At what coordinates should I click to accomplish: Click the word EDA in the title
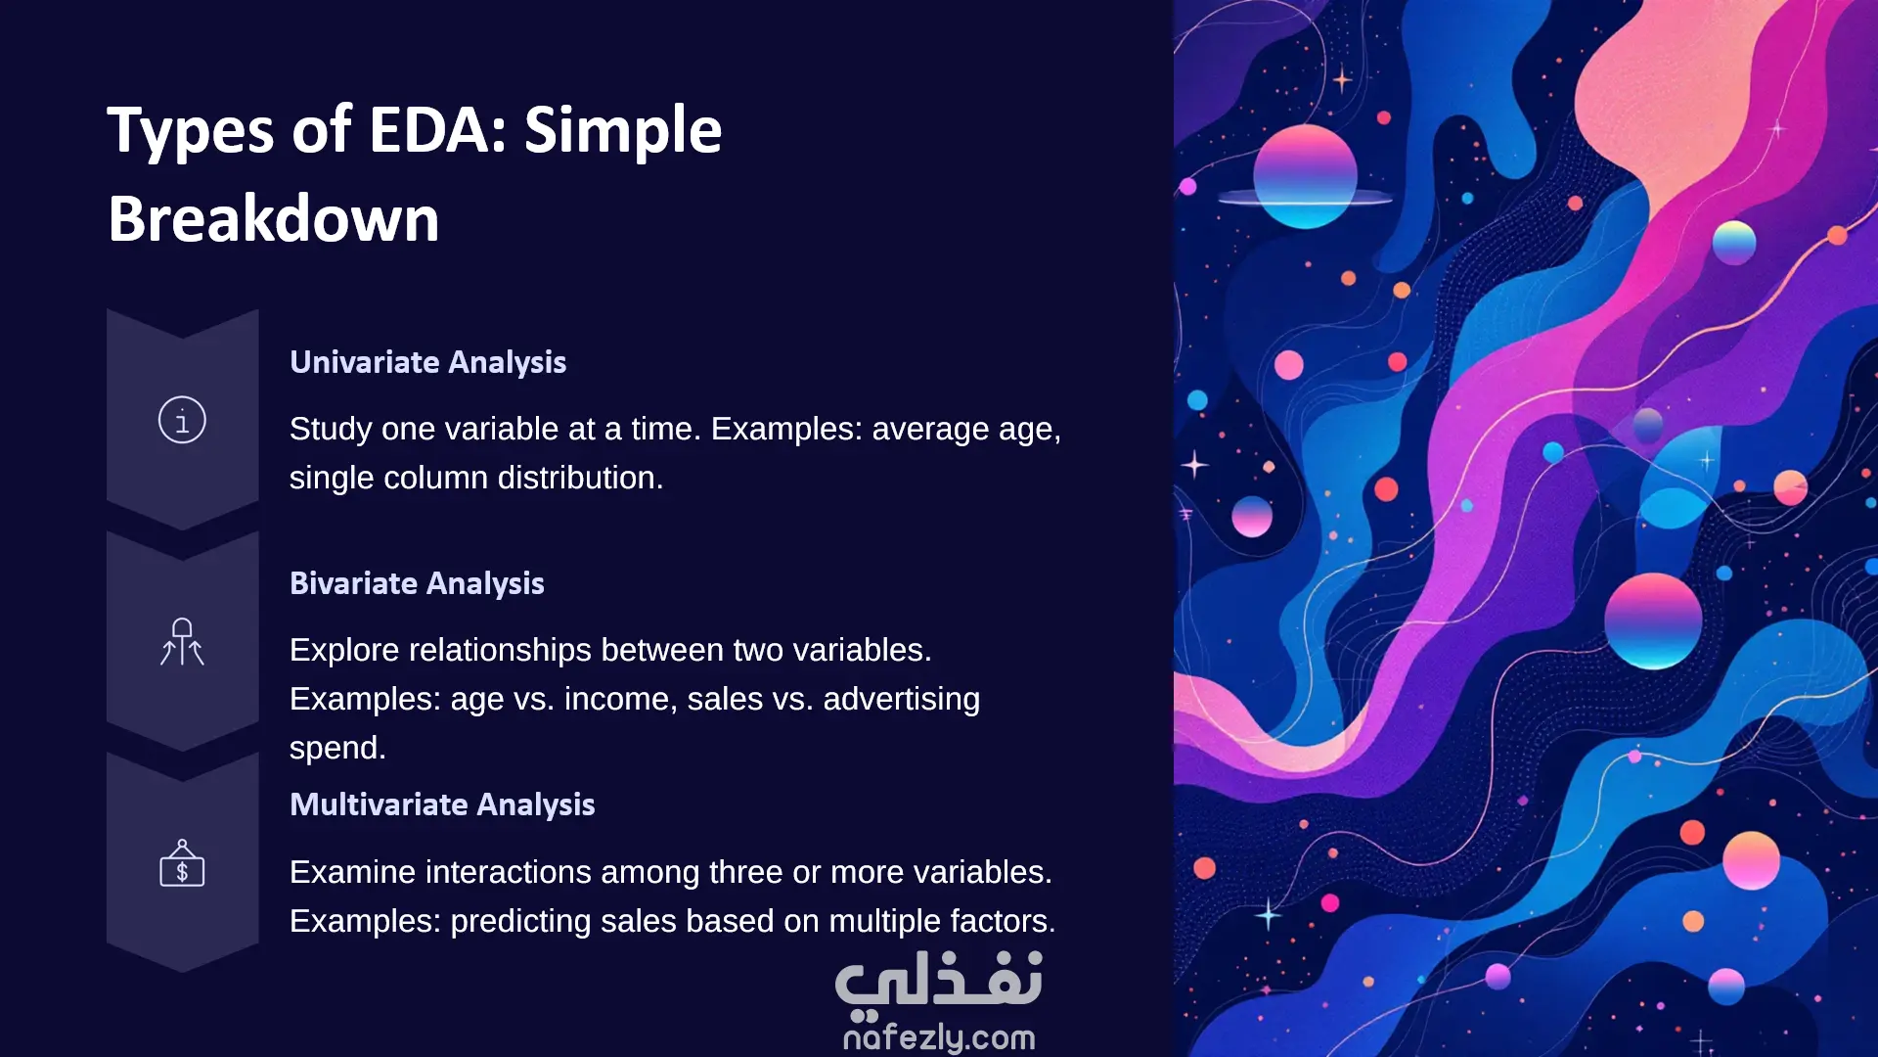(438, 130)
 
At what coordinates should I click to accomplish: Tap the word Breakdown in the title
(274, 218)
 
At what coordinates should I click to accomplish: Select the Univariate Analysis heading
(427, 362)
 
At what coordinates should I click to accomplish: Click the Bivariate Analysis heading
(417, 583)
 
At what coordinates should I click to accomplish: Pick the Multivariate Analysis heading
(442, 804)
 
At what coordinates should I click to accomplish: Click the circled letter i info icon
(182, 420)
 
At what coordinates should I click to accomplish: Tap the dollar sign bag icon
(182, 863)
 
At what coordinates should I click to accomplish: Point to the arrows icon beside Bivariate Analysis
(182, 642)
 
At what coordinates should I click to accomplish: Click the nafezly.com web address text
(939, 1036)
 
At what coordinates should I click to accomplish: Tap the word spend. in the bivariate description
(337, 748)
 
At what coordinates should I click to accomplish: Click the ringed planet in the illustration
(1305, 178)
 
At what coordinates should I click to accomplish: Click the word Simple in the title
(623, 130)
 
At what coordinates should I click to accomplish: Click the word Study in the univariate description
(331, 429)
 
